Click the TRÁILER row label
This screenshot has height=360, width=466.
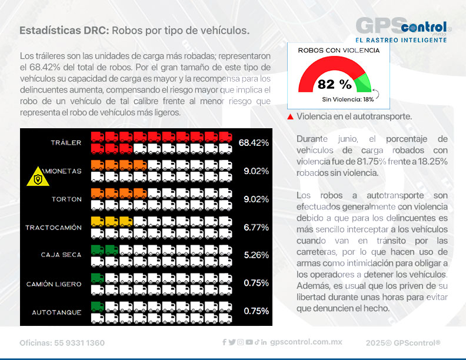66,143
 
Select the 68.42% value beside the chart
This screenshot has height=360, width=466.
254,143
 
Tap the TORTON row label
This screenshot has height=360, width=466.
66,199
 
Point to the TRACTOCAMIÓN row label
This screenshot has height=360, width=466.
54,227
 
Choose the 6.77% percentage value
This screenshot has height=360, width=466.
256,227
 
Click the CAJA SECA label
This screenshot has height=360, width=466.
61,255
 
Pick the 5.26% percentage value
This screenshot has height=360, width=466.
256,255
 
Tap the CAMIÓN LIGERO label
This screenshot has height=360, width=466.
54,284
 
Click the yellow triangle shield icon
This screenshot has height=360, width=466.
38,176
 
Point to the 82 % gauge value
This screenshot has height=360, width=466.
334,84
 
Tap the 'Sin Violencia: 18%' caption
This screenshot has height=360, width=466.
348,99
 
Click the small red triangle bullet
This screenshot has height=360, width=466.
290,117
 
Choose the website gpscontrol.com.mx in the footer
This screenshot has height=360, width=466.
306,342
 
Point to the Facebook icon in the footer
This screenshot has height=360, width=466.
224,342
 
